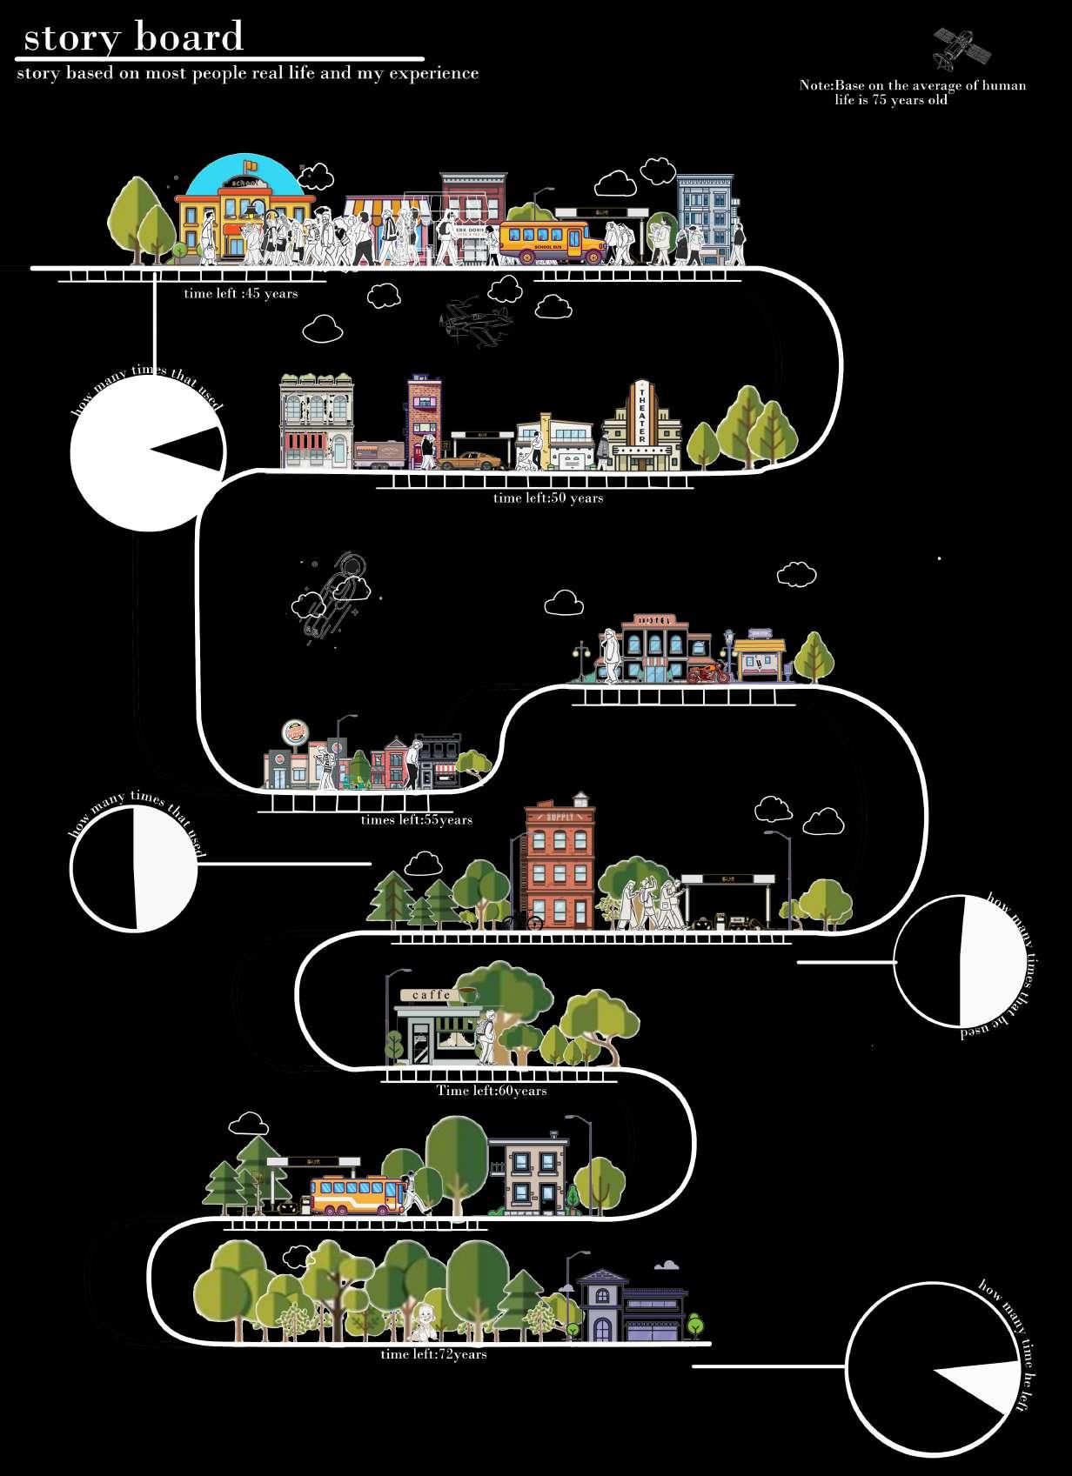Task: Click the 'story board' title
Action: (x=133, y=37)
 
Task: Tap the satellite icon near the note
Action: (x=961, y=47)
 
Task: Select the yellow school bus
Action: (x=552, y=241)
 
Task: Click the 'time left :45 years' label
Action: (x=241, y=294)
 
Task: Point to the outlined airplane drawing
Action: (x=475, y=323)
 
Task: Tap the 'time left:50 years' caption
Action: (x=548, y=498)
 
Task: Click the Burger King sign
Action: (x=296, y=732)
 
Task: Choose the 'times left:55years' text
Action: (x=417, y=820)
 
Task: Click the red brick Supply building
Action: (x=559, y=865)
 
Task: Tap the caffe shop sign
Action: (x=432, y=995)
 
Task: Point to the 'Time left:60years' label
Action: (x=492, y=1091)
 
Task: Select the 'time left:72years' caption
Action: (x=433, y=1354)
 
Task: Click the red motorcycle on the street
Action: (x=707, y=673)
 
